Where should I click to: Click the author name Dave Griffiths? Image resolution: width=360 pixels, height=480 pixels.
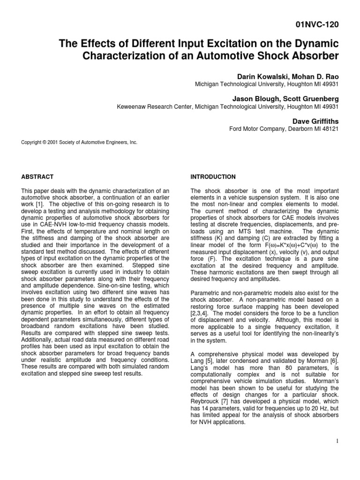(x=315, y=121)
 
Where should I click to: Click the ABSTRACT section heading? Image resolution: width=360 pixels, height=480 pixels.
(x=37, y=177)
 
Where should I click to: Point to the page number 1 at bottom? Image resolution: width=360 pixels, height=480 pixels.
(x=337, y=442)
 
